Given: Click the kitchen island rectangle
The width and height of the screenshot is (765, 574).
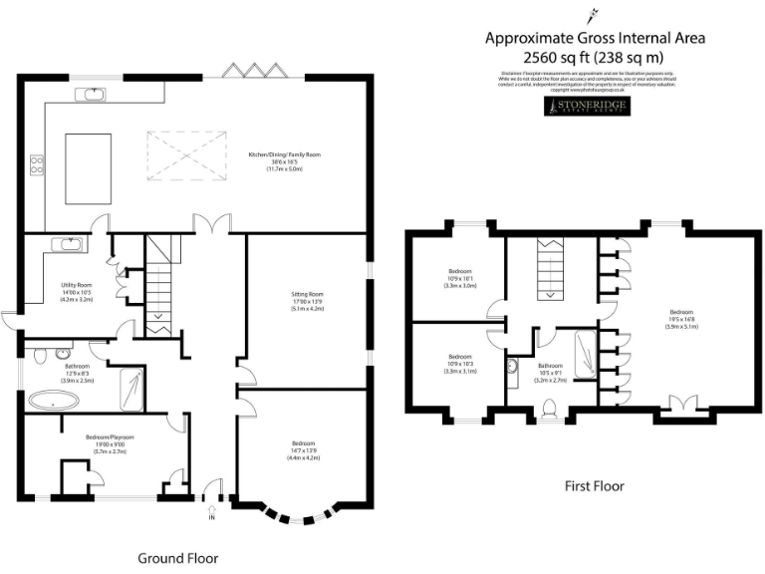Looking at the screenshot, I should click(85, 166).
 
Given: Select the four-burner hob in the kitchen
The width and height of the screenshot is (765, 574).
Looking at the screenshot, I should click(37, 164).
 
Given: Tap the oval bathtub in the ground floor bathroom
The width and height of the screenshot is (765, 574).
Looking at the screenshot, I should click(54, 401).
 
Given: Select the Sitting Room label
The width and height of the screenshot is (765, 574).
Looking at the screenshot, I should click(307, 300).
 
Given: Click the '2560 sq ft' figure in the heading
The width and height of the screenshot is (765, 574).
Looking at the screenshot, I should click(552, 59).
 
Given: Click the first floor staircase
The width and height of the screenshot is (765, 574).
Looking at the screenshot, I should click(549, 269).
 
